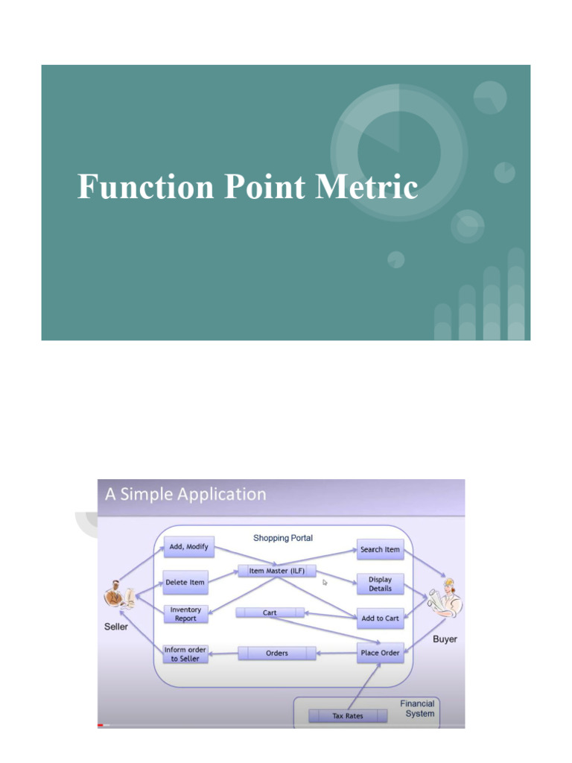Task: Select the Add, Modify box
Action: pyautogui.click(x=189, y=547)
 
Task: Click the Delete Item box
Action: pyautogui.click(x=185, y=582)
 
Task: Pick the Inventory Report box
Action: pyautogui.click(x=185, y=614)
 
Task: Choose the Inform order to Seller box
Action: pyautogui.click(x=185, y=654)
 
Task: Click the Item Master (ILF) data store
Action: pyautogui.click(x=277, y=572)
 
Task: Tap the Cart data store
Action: pyautogui.click(x=270, y=612)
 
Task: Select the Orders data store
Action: pyautogui.click(x=277, y=653)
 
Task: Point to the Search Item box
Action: pyautogui.click(x=380, y=549)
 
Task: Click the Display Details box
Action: pyautogui.click(x=380, y=583)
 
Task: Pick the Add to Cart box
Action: pyautogui.click(x=380, y=618)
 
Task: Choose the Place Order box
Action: pyautogui.click(x=380, y=653)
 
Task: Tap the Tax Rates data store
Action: pyautogui.click(x=348, y=716)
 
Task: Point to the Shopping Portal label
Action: pyautogui.click(x=283, y=538)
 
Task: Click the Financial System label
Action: pyautogui.click(x=418, y=709)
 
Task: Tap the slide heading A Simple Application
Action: pyautogui.click(x=185, y=494)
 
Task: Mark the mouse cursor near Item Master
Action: pyautogui.click(x=325, y=583)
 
